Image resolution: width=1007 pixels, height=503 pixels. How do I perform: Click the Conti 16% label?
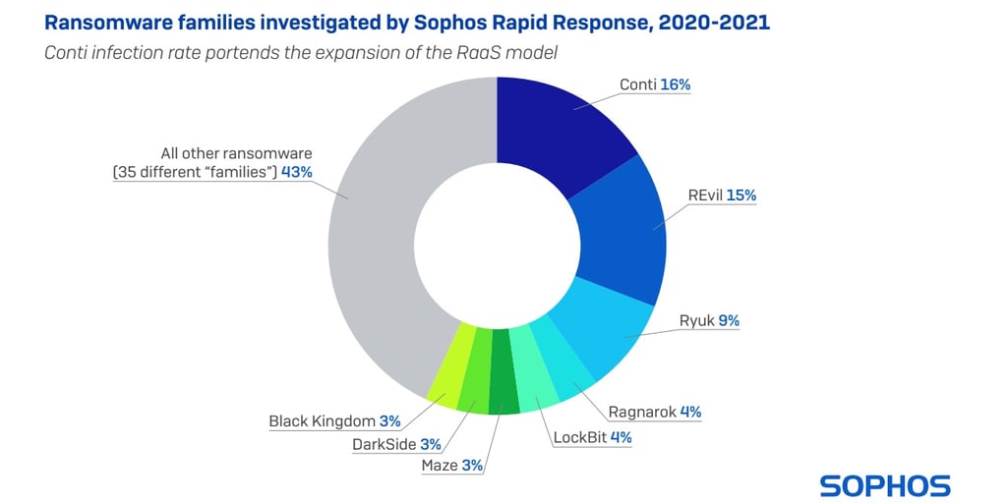pos(654,84)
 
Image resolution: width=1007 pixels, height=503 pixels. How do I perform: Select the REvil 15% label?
pos(722,196)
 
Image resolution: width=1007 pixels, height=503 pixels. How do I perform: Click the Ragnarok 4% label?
pos(654,412)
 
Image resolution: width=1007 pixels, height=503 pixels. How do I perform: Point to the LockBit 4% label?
pos(593,437)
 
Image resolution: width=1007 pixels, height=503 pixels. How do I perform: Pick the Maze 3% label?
pos(451,466)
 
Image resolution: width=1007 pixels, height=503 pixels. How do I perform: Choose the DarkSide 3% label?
pos(396,444)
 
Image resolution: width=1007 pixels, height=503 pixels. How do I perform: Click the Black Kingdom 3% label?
pos(334,421)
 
